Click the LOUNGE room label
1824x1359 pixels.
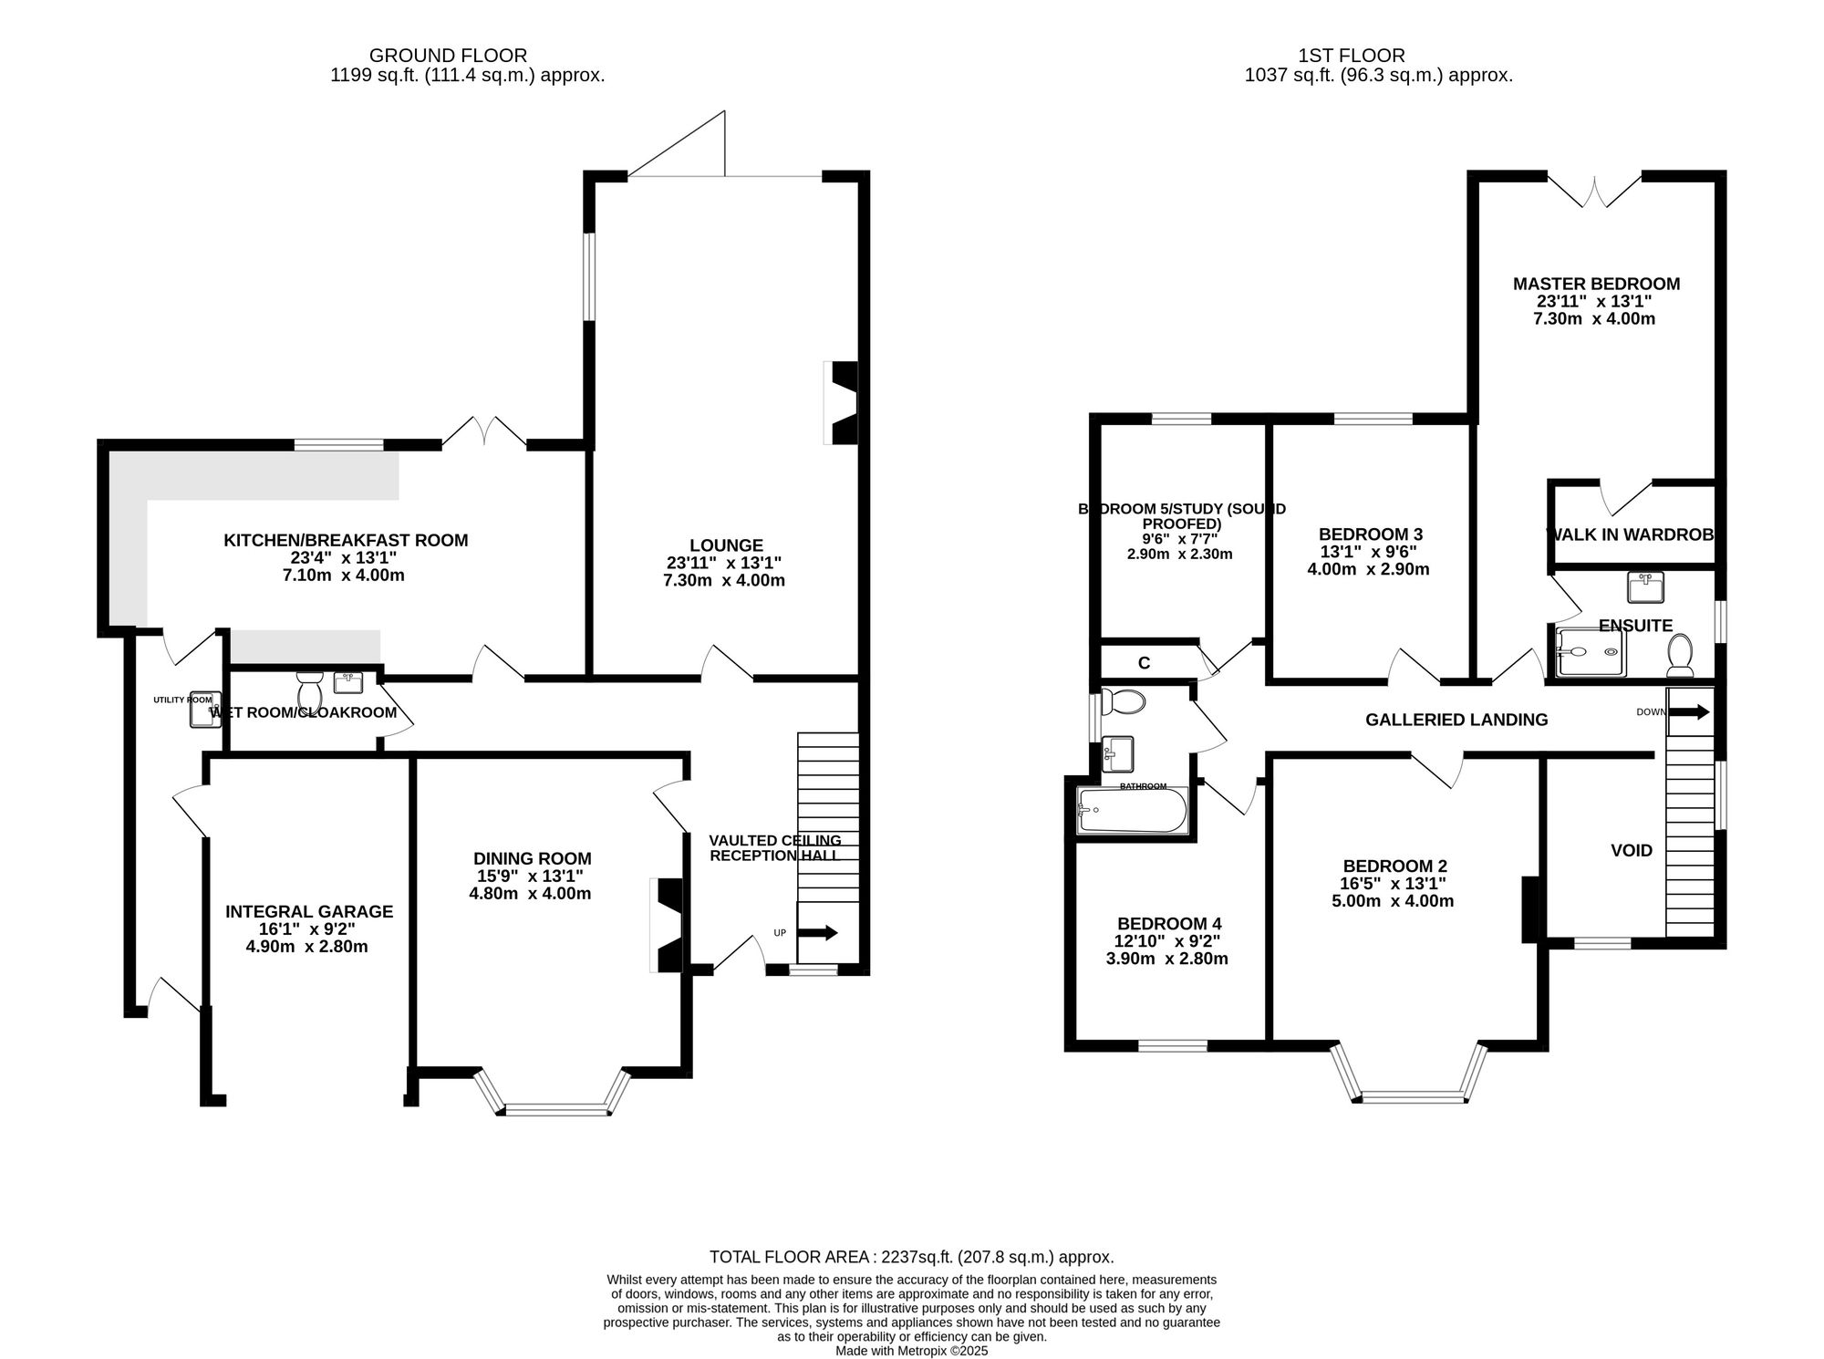click(x=726, y=546)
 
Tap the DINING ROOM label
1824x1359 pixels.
click(x=532, y=858)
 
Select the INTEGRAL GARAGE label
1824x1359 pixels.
click(x=309, y=911)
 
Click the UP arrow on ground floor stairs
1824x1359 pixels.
click(x=818, y=932)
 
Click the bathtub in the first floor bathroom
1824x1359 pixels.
click(x=1132, y=811)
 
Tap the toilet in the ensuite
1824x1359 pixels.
click(x=1679, y=654)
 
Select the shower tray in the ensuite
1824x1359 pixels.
click(x=1591, y=652)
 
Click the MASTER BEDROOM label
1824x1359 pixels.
click(x=1596, y=284)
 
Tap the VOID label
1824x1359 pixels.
click(x=1631, y=850)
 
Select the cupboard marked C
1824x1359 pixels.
click(x=1144, y=663)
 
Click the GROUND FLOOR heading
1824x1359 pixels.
click(x=448, y=56)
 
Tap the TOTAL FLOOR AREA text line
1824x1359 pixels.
click(x=911, y=1257)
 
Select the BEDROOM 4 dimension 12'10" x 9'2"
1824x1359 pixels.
click(x=1167, y=941)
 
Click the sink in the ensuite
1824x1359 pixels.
click(x=1645, y=586)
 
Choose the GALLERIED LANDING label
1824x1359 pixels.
click(x=1456, y=720)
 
